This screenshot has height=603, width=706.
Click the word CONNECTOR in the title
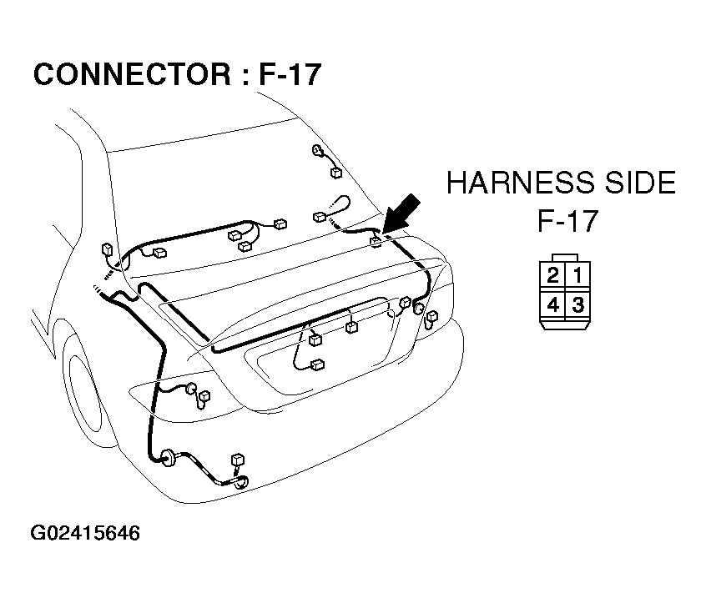[133, 74]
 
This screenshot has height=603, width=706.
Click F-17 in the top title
[290, 74]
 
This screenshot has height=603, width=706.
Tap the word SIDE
[640, 183]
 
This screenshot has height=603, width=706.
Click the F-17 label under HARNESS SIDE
[567, 220]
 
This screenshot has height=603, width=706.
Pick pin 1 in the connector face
[577, 275]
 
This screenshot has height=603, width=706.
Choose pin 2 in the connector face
[553, 275]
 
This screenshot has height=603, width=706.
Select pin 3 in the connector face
[577, 305]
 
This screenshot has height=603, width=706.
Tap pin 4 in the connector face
[553, 305]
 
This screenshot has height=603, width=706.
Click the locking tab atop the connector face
[565, 258]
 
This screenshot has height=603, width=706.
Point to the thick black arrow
[401, 214]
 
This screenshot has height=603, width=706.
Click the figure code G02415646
[86, 533]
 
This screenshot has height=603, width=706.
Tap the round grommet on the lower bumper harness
[169, 458]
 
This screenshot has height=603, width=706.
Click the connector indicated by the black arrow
[376, 242]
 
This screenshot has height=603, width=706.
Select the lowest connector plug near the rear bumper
[237, 460]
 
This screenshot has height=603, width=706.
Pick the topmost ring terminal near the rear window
[317, 150]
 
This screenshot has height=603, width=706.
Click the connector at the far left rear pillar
[107, 249]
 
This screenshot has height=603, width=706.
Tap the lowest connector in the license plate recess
[317, 364]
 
